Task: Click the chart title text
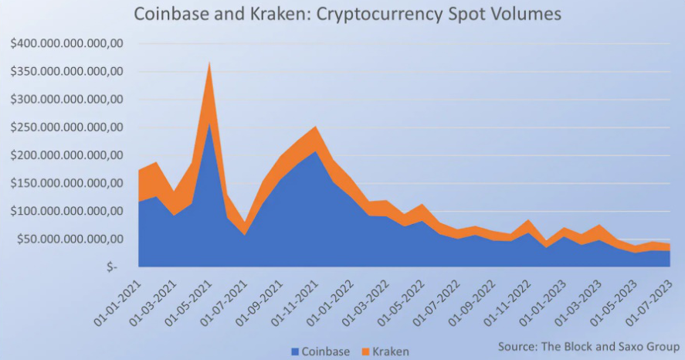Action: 348,15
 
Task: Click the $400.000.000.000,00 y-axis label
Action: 66,44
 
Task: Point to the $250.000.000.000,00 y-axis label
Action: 66,127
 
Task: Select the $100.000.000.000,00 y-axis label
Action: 66,211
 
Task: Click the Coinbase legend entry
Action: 315,352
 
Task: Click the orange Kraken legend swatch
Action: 366,352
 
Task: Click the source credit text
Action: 587,345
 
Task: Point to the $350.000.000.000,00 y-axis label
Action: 66,72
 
